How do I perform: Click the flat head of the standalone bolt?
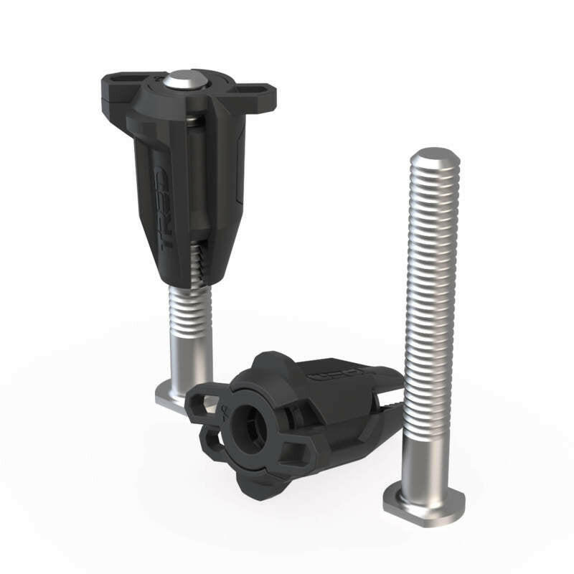point(423,499)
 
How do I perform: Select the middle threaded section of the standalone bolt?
point(430,301)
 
